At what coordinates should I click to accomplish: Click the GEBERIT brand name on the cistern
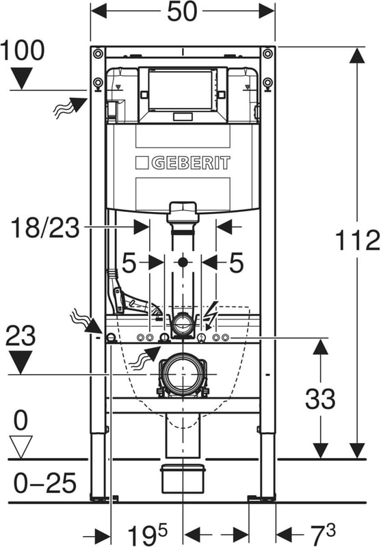191,163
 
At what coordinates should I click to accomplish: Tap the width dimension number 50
182,12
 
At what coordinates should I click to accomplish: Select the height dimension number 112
357,240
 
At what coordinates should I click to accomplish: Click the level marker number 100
23,50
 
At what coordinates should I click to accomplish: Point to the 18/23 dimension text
45,228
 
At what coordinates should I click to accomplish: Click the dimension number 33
320,399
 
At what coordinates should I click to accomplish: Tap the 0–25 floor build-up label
45,483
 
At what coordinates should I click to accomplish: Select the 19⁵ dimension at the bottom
147,535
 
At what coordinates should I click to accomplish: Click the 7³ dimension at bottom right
322,534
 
